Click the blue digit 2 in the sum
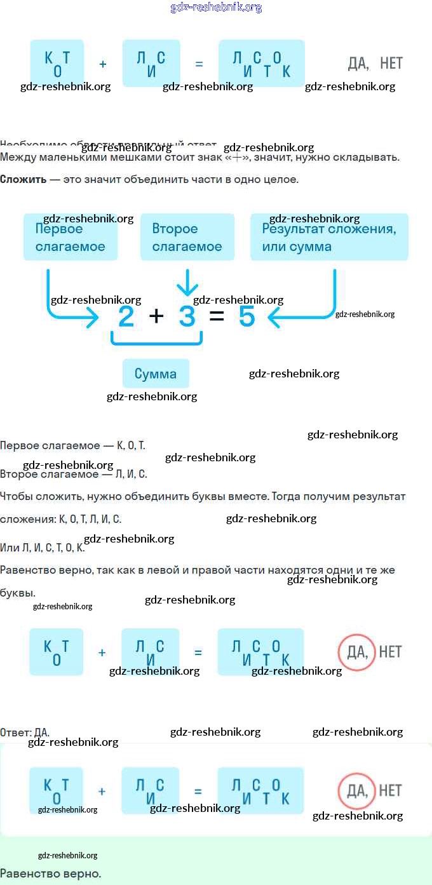point(126,316)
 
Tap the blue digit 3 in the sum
point(187,316)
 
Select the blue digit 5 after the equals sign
point(246,316)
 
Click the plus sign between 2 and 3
point(156,316)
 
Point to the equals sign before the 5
point(217,316)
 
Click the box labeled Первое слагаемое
point(70,237)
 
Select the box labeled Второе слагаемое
point(187,237)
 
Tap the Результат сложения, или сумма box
point(328,237)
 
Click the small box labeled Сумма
point(156,374)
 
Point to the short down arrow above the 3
point(187,283)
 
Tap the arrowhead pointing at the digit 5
point(274,317)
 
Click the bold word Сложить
point(23,179)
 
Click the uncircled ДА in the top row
point(358,63)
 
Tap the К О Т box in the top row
point(57,63)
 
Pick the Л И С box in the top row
point(151,63)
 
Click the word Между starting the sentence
point(18,157)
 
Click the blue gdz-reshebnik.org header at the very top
point(216,8)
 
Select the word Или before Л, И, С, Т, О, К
point(10,548)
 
